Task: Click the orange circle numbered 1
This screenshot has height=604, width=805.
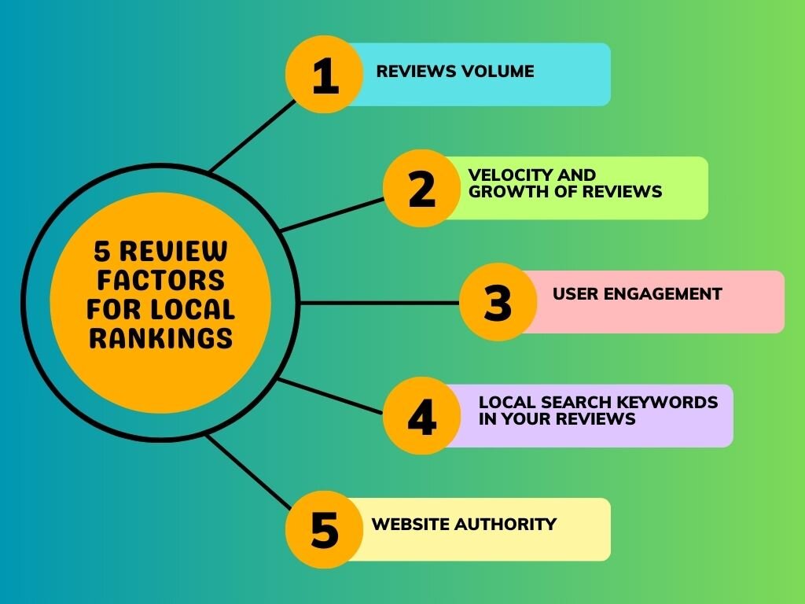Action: pos(325,75)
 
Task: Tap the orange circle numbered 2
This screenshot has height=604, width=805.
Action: pos(421,189)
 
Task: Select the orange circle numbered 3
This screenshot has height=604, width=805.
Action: pos(498,303)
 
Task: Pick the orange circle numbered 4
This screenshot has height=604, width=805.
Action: pos(421,416)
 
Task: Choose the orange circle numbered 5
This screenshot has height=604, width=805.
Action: pos(325,529)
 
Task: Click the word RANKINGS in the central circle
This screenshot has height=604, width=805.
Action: pos(160,337)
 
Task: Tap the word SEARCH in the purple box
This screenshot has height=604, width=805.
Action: pos(575,403)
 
